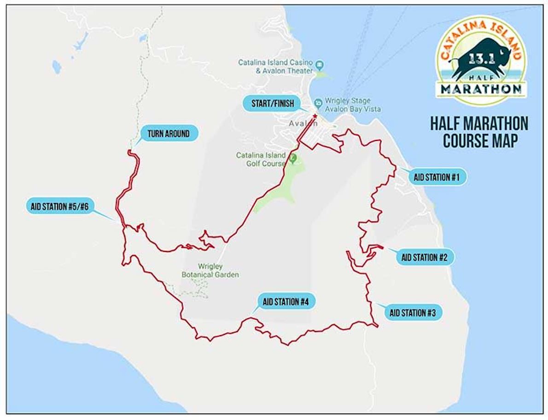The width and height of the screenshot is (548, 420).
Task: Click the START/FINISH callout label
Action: tap(273, 103)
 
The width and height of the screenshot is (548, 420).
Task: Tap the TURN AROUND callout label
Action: tap(168, 134)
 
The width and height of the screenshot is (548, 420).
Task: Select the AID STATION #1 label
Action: tap(433, 177)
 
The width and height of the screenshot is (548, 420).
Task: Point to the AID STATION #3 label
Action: tap(413, 313)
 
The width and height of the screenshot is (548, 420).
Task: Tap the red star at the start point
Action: tap(315, 116)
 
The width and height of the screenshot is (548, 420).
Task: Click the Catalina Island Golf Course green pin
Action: tap(293, 159)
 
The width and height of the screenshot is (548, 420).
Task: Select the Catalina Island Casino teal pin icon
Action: tap(319, 63)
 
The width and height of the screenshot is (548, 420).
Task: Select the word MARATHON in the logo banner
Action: tap(481, 88)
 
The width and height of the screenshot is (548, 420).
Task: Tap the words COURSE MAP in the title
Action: tap(479, 141)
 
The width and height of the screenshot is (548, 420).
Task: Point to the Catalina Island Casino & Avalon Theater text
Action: tap(275, 66)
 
